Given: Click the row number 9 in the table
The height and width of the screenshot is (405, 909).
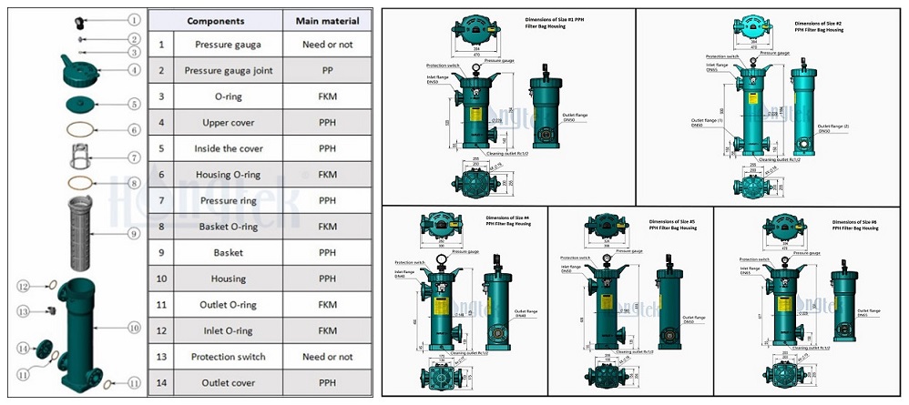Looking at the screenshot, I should click(161, 252).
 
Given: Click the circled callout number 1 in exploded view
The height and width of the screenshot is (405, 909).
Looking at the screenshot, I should click(133, 19).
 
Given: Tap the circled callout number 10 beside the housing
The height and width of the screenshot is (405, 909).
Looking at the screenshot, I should click(133, 327).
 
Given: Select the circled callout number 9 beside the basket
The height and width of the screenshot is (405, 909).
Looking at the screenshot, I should click(133, 233).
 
